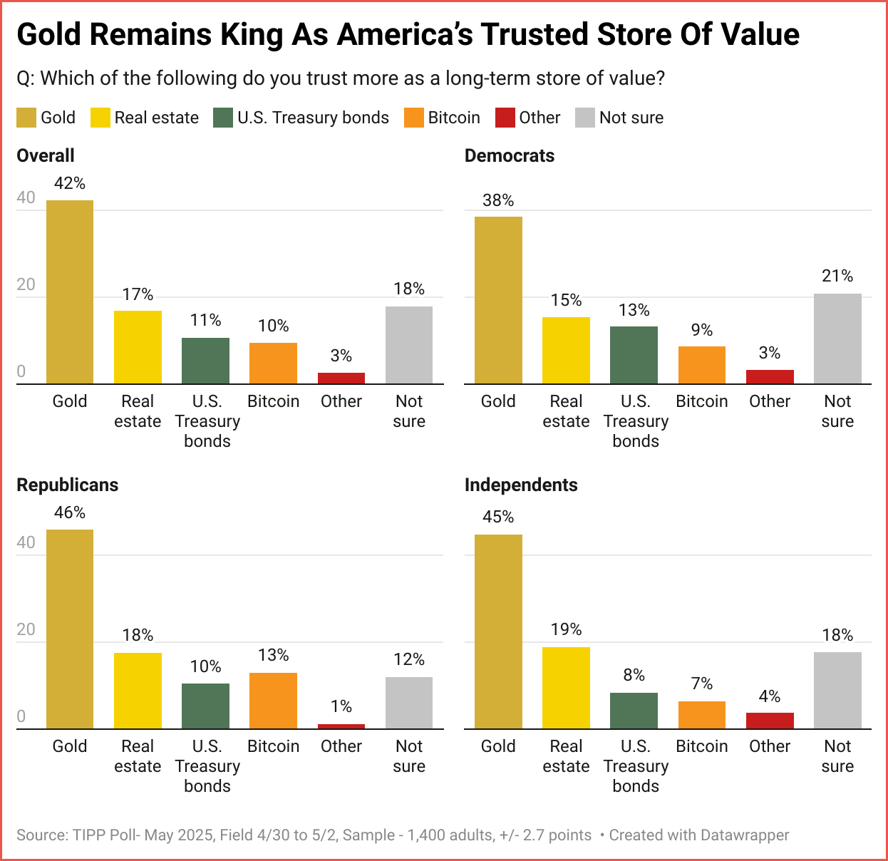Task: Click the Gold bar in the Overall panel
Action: tap(70, 292)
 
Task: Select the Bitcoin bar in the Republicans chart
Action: tap(273, 701)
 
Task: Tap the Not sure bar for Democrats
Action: tap(837, 339)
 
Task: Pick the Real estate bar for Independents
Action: tap(566, 688)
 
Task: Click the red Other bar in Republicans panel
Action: tap(341, 726)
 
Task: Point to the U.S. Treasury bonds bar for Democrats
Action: tap(634, 355)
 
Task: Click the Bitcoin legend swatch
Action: tap(414, 118)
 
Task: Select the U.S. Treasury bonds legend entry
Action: tap(313, 118)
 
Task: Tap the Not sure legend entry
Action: tap(631, 118)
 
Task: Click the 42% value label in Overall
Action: tap(70, 183)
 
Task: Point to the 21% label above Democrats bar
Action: tap(837, 276)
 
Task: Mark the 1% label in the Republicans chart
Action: tap(341, 706)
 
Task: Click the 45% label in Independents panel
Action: tap(498, 517)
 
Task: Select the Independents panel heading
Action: tap(521, 485)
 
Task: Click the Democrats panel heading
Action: tap(510, 155)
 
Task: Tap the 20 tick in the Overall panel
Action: tap(26, 284)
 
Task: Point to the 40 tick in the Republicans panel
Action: tap(26, 542)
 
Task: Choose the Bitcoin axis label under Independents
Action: tap(702, 746)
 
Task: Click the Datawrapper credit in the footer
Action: tap(699, 835)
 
